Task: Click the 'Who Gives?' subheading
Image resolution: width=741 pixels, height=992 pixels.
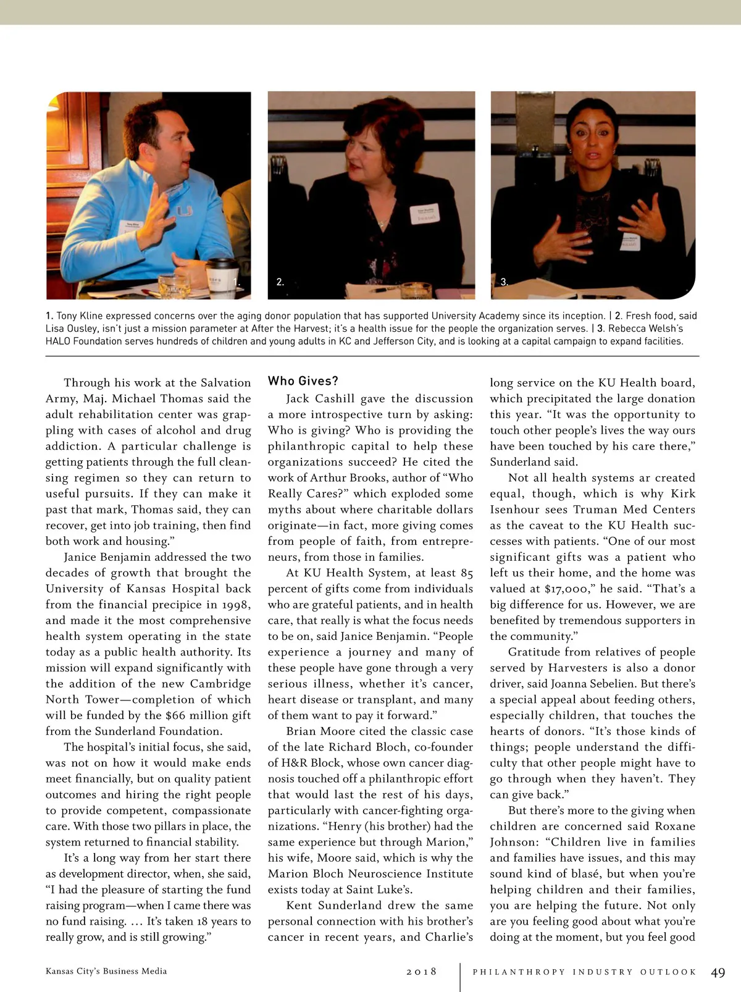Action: [x=303, y=381]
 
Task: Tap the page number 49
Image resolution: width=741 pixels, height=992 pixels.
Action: [x=718, y=972]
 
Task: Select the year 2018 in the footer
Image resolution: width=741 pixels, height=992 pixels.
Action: [x=421, y=972]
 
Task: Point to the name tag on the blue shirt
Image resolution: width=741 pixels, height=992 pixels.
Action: [x=131, y=227]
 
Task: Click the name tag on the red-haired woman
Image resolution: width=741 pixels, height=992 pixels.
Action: [x=426, y=214]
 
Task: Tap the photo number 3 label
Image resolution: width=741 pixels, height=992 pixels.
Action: [x=504, y=282]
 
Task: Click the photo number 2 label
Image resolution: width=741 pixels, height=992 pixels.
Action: [x=280, y=282]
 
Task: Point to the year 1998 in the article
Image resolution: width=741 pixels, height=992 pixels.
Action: [x=233, y=604]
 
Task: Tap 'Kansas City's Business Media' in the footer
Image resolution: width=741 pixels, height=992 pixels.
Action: [x=106, y=971]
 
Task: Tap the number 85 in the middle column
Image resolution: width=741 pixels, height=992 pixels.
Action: [x=467, y=573]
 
